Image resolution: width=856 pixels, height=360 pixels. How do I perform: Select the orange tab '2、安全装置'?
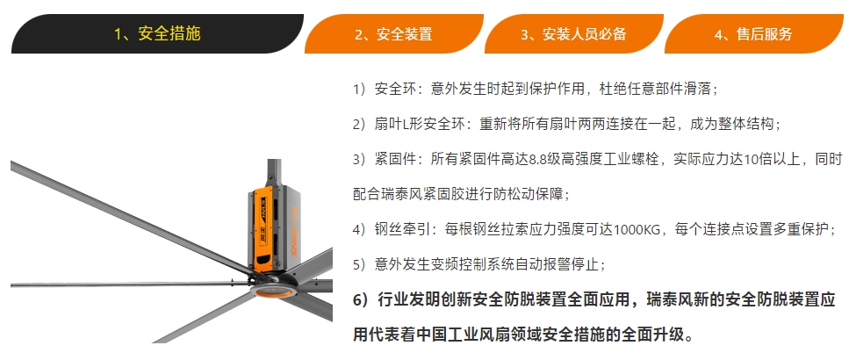[x=393, y=34]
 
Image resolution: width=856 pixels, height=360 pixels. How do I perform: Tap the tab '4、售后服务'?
[x=752, y=34]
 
